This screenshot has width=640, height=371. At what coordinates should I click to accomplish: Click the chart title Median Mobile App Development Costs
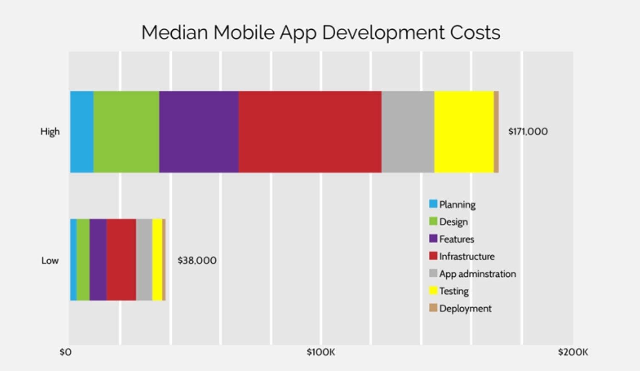[x=321, y=33]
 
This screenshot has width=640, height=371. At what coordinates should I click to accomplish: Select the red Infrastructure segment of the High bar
[x=310, y=132]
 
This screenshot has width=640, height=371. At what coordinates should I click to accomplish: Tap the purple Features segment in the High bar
[x=199, y=132]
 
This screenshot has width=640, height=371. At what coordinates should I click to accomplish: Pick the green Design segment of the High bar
[x=126, y=132]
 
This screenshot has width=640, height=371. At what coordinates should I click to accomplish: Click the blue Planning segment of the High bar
[x=82, y=132]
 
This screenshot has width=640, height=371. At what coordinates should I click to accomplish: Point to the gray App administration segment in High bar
[x=408, y=132]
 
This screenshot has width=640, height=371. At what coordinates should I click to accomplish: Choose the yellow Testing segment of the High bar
[x=464, y=132]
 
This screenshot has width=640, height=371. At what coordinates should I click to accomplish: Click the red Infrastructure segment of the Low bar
[x=121, y=260]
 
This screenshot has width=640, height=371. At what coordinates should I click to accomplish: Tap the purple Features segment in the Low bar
[x=98, y=260]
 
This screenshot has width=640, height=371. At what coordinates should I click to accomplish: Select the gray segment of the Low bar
[x=144, y=260]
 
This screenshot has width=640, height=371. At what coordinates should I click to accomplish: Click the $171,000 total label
[x=528, y=132]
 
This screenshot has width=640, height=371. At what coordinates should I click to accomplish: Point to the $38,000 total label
[x=197, y=260]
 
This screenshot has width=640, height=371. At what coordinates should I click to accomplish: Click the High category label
[x=50, y=132]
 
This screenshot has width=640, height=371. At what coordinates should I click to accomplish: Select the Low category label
[x=50, y=261]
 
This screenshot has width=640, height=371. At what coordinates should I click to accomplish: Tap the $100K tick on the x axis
[x=321, y=352]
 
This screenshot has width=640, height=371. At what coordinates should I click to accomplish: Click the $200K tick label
[x=573, y=352]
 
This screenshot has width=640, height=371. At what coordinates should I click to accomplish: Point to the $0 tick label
[x=65, y=352]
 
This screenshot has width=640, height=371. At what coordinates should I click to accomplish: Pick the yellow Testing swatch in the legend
[x=433, y=291]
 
